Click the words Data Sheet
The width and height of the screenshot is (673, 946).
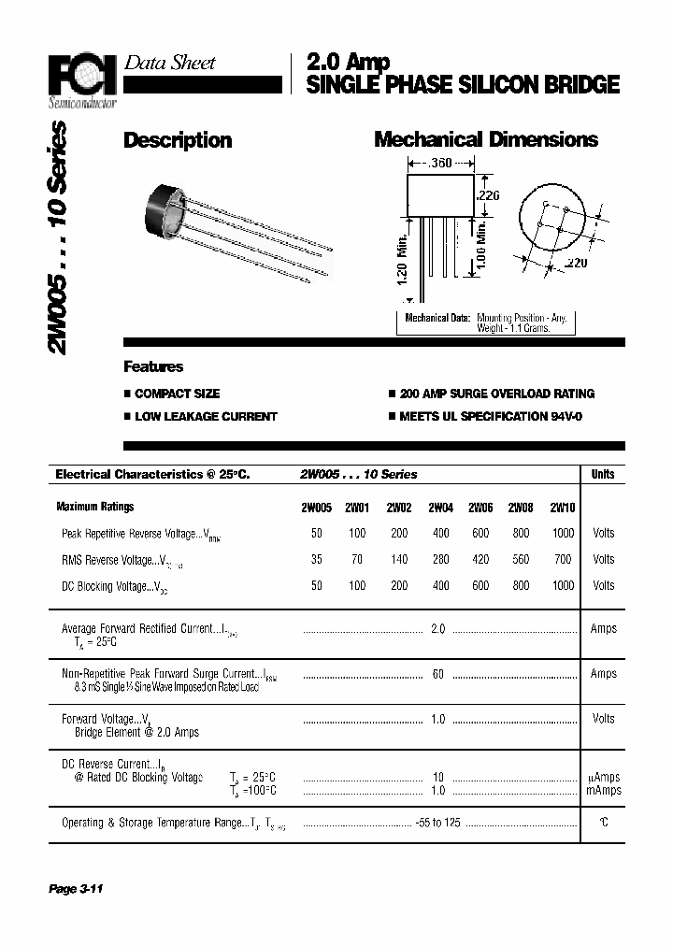tap(169, 63)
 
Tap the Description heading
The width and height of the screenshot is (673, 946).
tap(178, 140)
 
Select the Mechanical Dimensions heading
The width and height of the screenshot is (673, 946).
tap(485, 139)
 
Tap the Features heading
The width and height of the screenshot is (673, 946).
tap(153, 366)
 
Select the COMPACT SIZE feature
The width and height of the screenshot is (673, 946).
tap(177, 394)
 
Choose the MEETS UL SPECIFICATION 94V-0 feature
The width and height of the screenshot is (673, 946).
tap(490, 416)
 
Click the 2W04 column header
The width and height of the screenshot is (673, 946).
tap(440, 508)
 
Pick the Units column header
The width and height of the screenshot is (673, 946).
tap(603, 474)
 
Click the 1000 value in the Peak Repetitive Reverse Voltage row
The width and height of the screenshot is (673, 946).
tap(563, 533)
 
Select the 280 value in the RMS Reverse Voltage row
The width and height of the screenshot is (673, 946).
tap(440, 559)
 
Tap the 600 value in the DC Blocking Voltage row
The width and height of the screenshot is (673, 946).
tap(480, 585)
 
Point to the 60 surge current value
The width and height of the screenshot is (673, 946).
tap(438, 674)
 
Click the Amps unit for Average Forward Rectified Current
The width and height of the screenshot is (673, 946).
tap(603, 629)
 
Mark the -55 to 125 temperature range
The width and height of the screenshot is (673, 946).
tap(438, 823)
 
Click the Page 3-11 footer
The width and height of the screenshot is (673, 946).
tap(75, 889)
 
